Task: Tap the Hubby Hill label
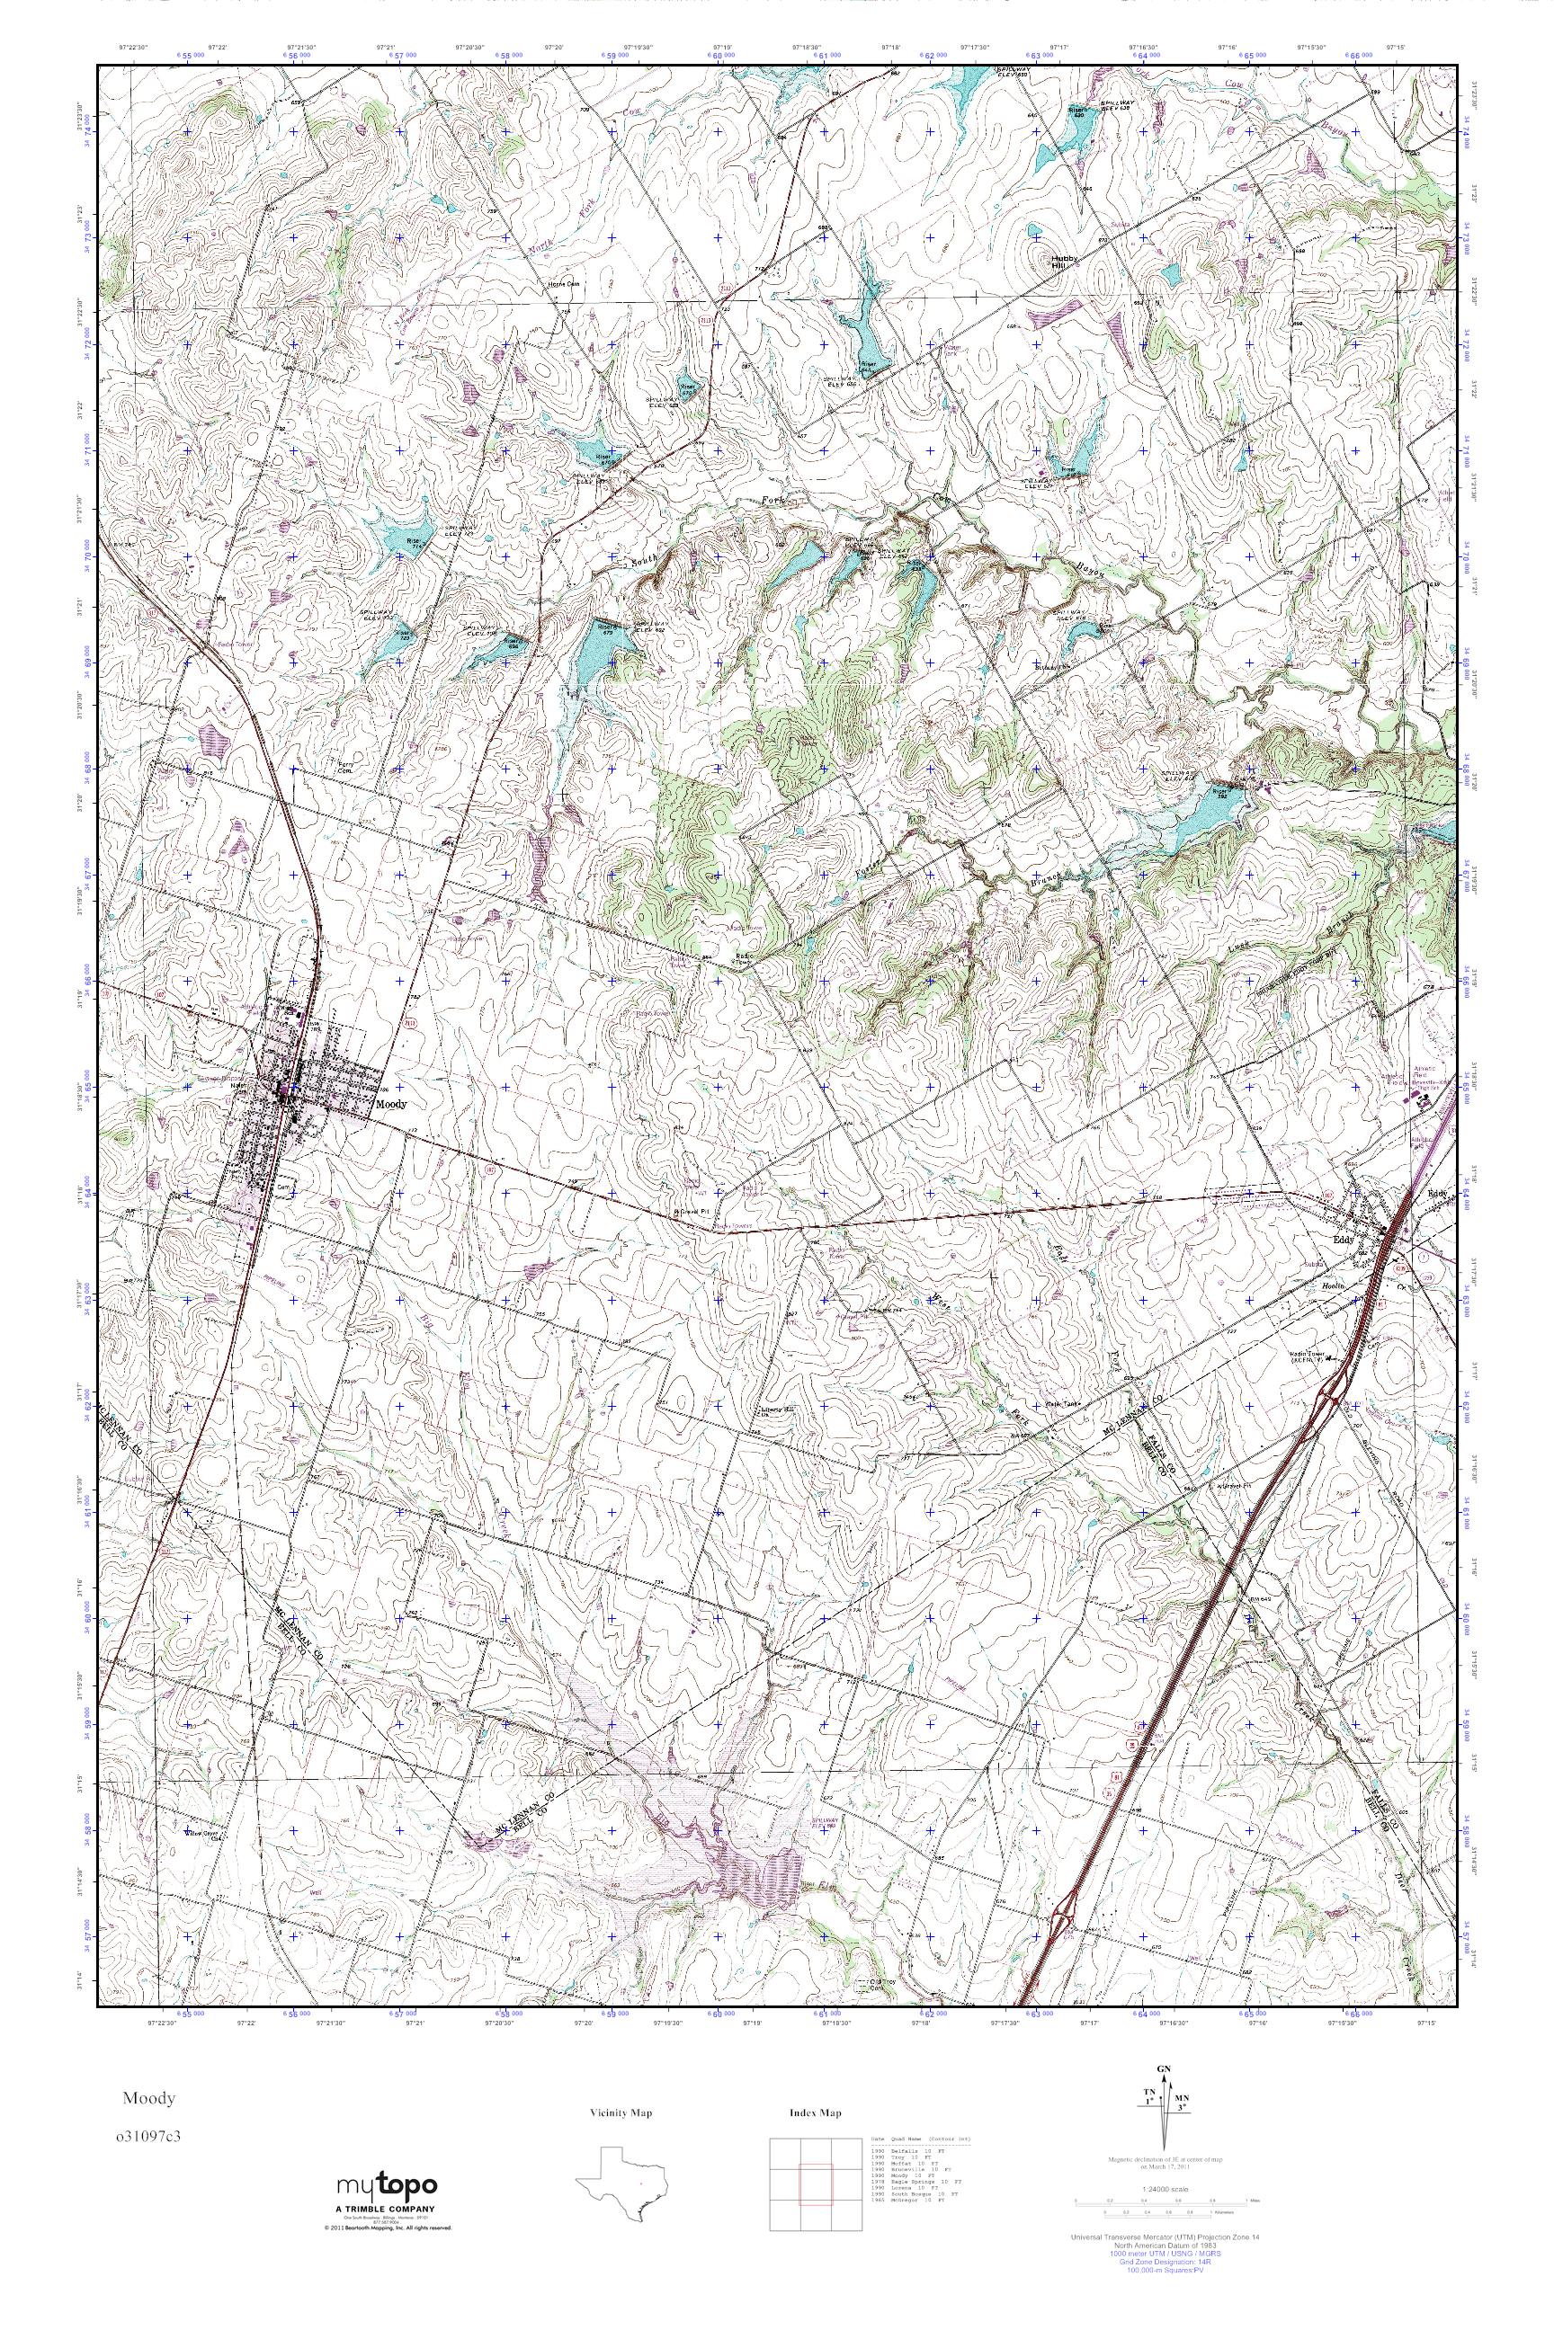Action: [x=1062, y=262]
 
